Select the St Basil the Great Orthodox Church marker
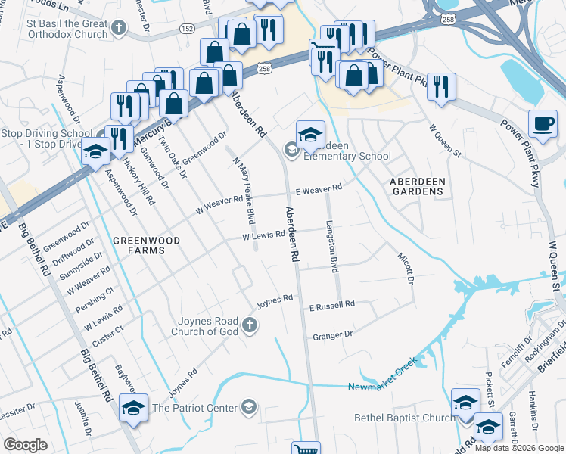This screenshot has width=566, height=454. coord(117,29)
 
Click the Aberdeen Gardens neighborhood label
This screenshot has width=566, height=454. coord(415,186)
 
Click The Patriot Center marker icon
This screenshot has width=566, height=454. coord(247,409)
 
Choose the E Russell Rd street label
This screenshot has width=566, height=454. coord(331,305)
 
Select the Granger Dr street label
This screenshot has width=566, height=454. coord(332,334)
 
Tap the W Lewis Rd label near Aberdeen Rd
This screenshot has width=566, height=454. coord(263,237)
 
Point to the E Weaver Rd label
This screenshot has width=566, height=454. coord(319,188)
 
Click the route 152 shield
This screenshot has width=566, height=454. coord(186,28)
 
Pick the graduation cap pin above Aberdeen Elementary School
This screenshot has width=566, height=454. coord(310,134)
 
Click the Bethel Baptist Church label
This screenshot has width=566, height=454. coord(405,418)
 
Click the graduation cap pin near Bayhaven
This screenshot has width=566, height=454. coord(133,407)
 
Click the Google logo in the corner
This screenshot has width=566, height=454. coord(26,445)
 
